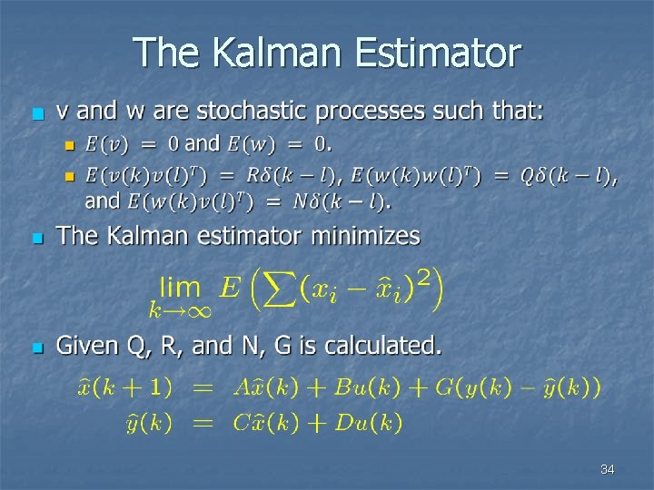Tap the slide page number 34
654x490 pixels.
(x=608, y=469)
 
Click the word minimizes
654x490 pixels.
(x=366, y=237)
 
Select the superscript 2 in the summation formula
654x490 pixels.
(x=423, y=277)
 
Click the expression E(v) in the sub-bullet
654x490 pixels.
(x=106, y=143)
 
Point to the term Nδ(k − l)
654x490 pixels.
(x=342, y=201)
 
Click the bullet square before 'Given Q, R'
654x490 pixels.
(x=36, y=348)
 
